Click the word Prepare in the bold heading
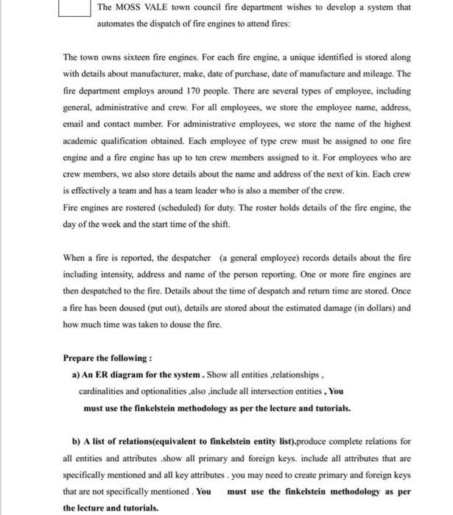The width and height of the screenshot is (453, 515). (81, 358)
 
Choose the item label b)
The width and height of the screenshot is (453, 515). (76, 441)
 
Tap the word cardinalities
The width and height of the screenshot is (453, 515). (104, 391)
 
